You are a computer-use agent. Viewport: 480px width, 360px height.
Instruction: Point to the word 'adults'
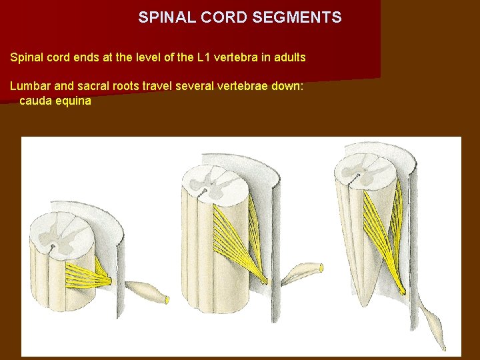(289, 57)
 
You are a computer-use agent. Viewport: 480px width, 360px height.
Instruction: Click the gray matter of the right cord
(365, 167)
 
